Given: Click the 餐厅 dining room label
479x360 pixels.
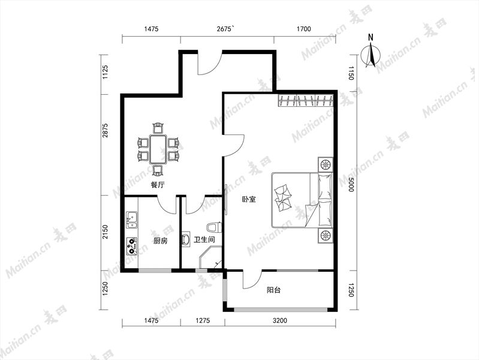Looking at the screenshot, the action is pos(158,185).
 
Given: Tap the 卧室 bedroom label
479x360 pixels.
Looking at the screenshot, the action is pos(249,199).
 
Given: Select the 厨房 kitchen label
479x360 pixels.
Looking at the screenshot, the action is pos(161,241).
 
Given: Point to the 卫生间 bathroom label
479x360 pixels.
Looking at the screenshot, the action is pos(204,239).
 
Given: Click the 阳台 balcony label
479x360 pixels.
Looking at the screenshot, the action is pos(273,290).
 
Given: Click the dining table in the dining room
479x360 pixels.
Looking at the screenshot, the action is pos(158,149).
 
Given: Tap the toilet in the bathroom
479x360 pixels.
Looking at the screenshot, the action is pos(214,227).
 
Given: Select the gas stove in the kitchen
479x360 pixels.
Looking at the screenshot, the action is pos(132,247).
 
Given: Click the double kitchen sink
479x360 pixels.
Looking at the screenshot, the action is pos(132,220).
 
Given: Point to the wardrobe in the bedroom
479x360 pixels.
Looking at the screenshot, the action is pos(306,101).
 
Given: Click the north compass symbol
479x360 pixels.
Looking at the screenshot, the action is pos(371,53).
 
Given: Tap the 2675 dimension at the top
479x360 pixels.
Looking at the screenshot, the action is pos(225,29).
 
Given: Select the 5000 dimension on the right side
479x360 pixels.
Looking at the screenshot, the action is pos(351,184).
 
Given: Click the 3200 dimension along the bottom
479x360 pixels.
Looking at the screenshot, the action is pos(280,320).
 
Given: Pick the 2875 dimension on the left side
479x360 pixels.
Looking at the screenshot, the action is pos(106,130).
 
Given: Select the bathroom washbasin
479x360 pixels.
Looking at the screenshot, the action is pos(185,239).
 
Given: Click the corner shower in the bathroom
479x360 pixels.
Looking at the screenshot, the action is pos(210,259).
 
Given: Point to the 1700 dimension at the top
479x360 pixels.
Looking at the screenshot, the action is pos(304,29).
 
